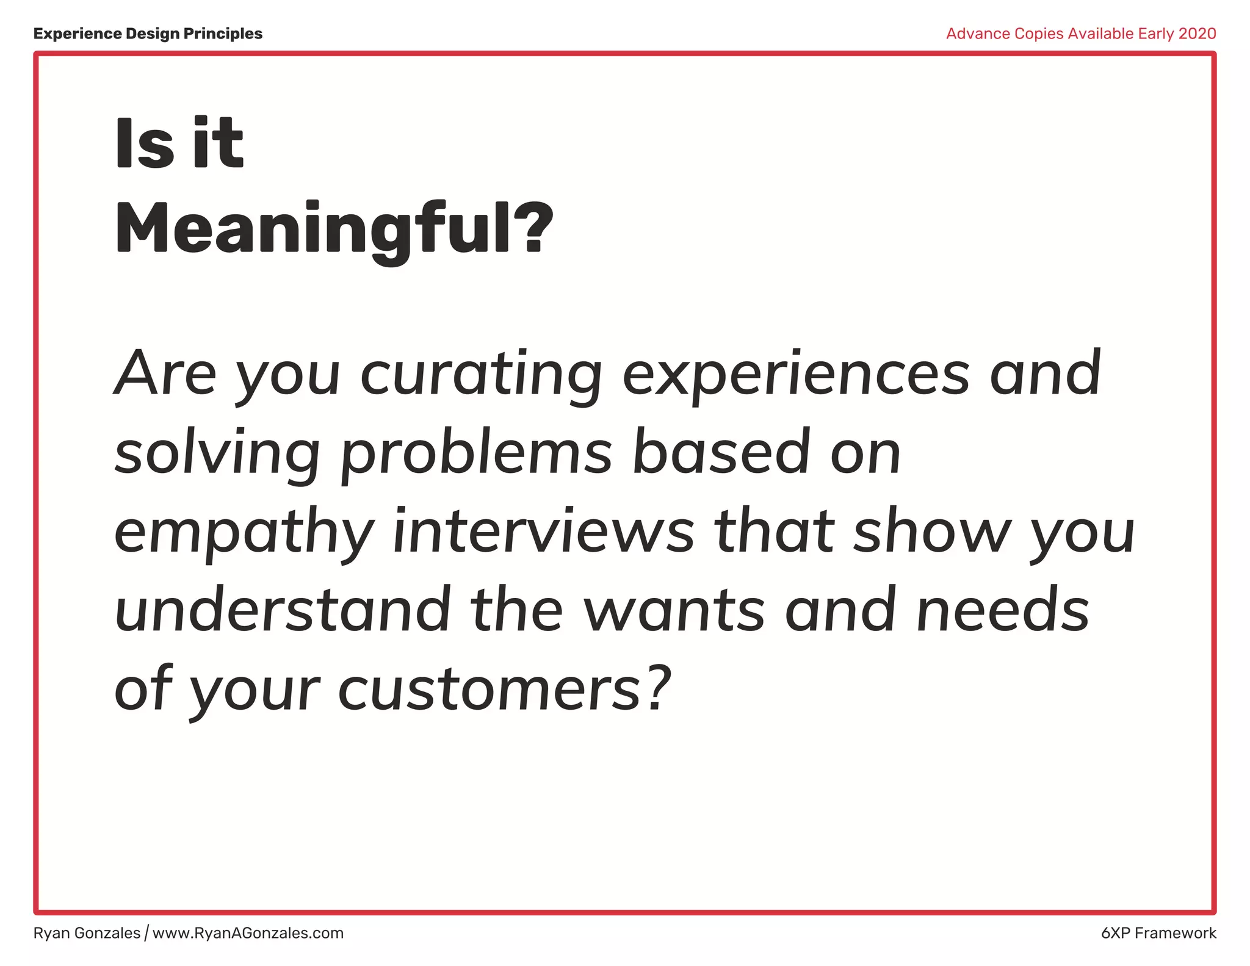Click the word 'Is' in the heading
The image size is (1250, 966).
pyautogui.click(x=144, y=144)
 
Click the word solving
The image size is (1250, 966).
pyautogui.click(x=217, y=453)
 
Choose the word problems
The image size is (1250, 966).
pyautogui.click(x=476, y=453)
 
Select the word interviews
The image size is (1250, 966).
pyautogui.click(x=543, y=531)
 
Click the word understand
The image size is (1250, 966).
pyautogui.click(x=282, y=610)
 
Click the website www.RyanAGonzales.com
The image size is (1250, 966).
pyautogui.click(x=248, y=933)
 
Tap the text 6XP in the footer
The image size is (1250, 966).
pyautogui.click(x=1116, y=933)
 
